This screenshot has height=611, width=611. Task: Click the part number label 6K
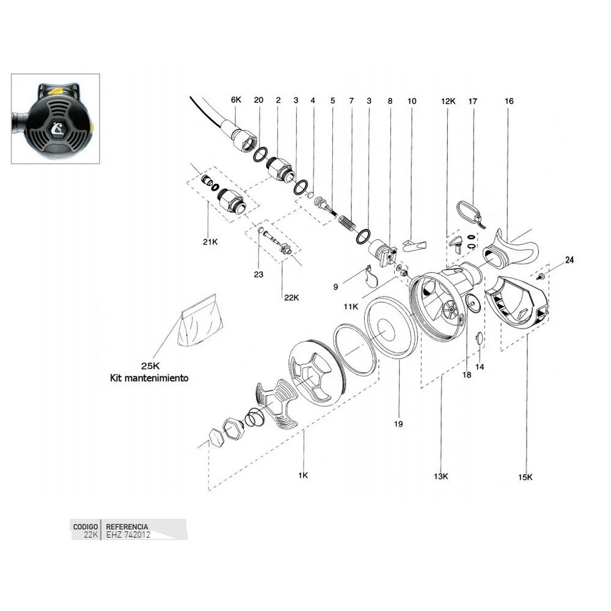[x=236, y=100]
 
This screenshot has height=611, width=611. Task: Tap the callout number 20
[x=258, y=100]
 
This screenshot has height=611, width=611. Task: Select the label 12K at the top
[x=448, y=100]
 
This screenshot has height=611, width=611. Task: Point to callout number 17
[x=472, y=100]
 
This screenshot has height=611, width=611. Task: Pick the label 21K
[x=210, y=242]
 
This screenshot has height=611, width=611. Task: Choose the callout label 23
[x=258, y=275]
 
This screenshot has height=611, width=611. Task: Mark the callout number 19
[x=398, y=423]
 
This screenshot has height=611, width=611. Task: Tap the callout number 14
[x=480, y=367]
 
